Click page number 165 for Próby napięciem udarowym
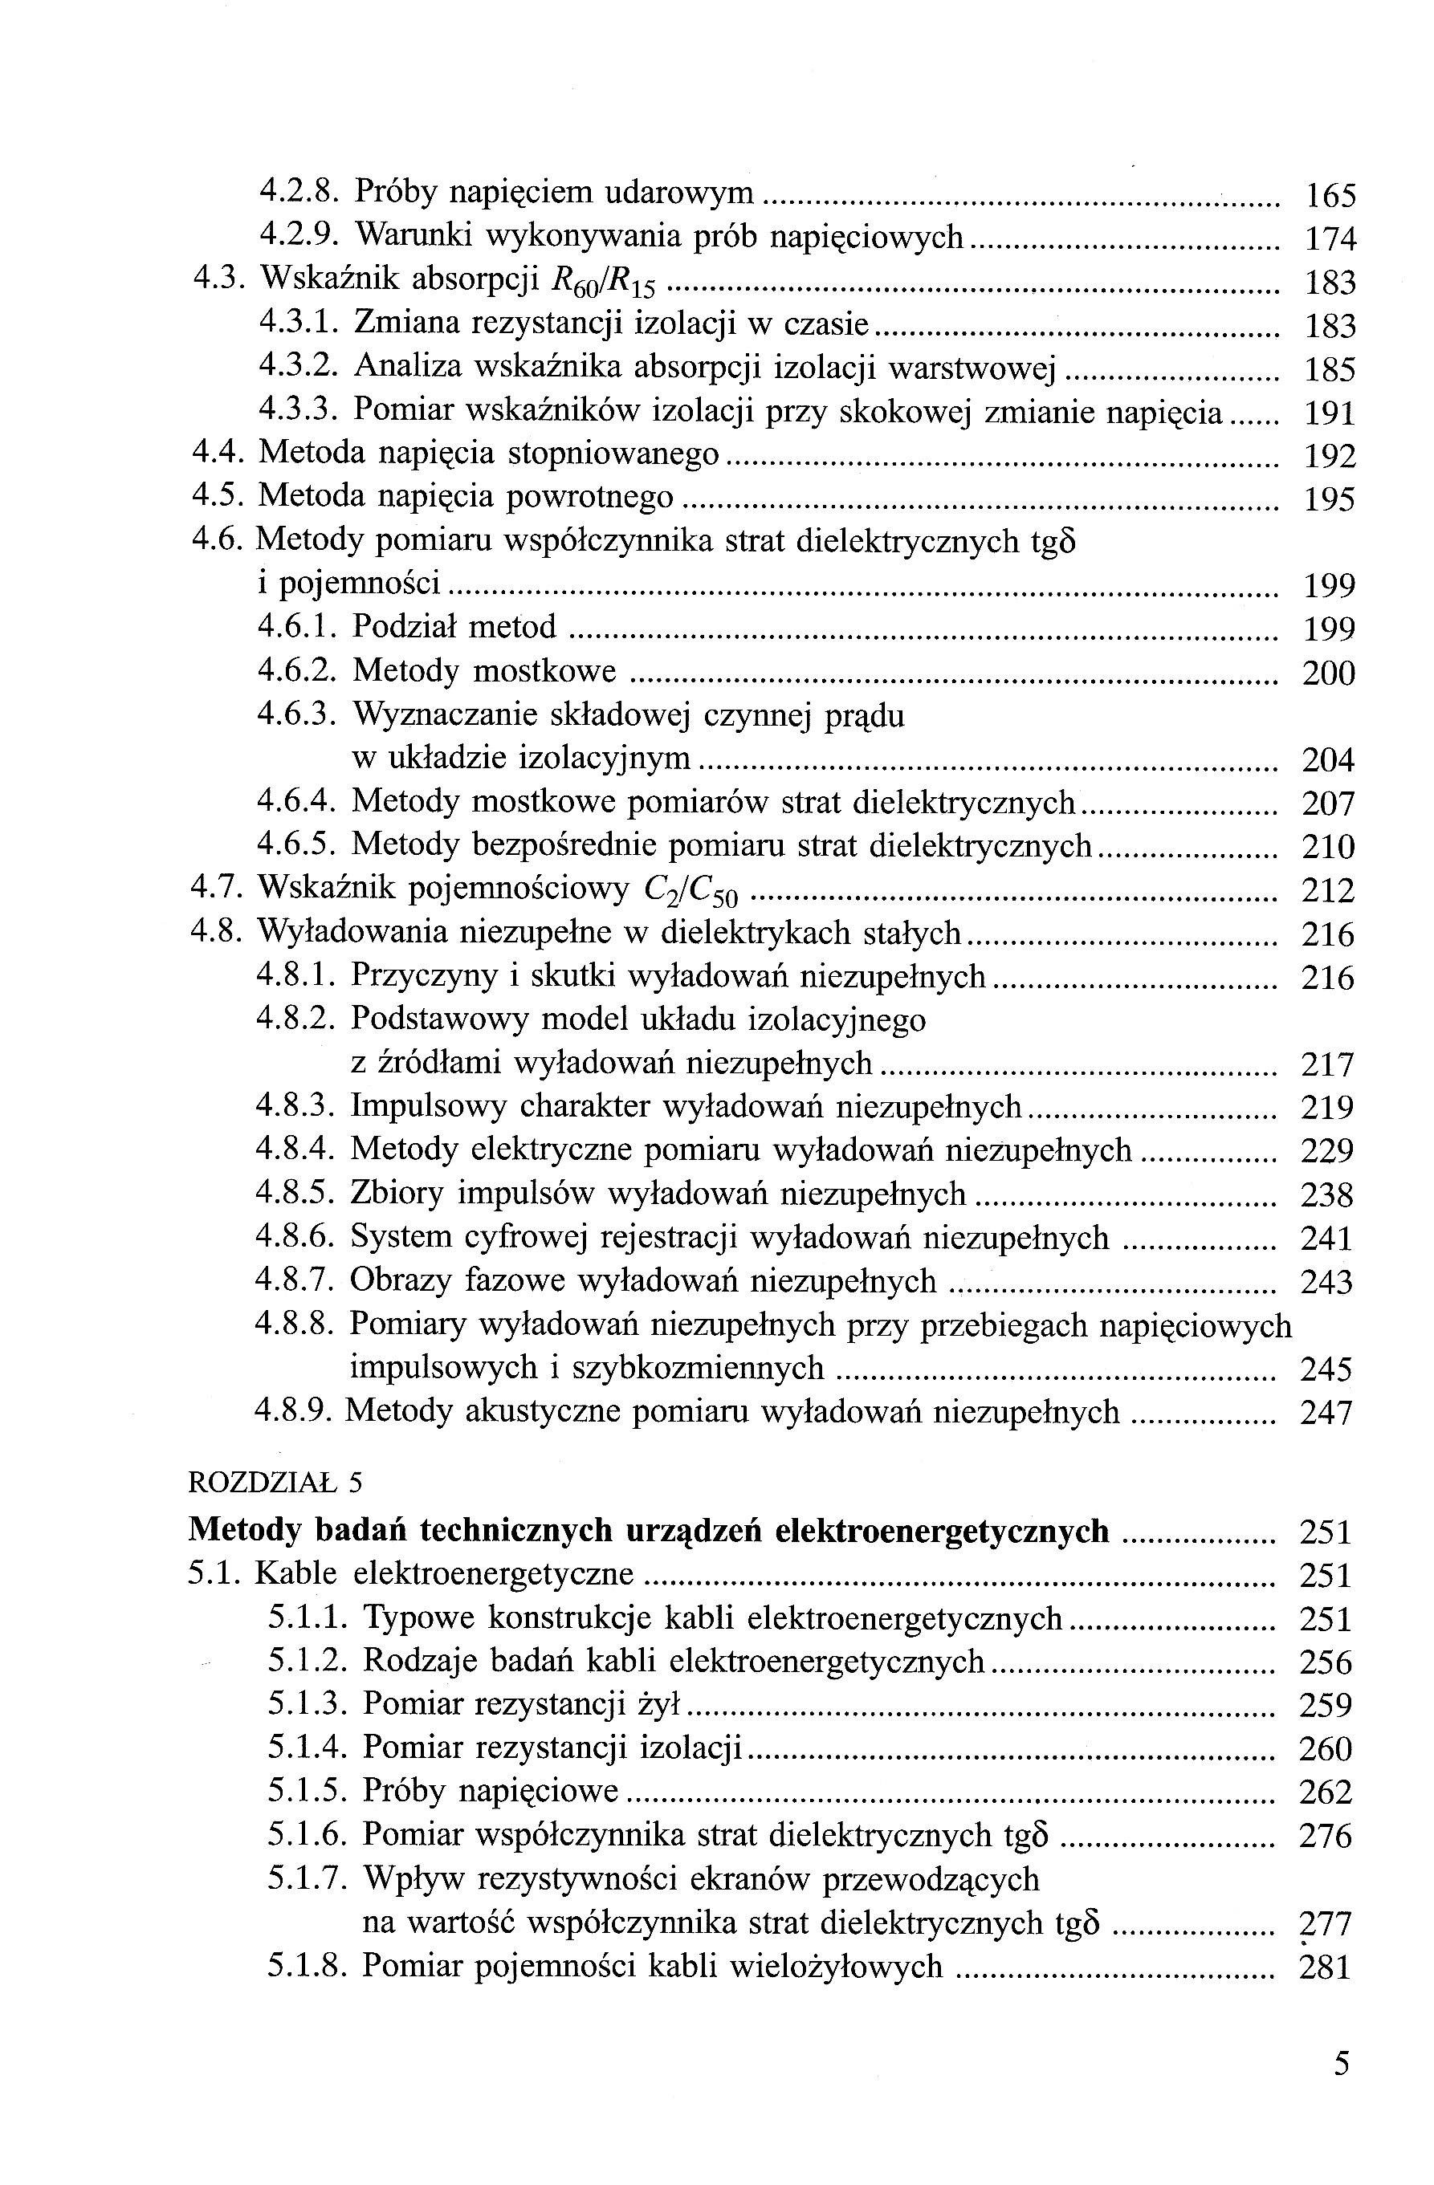pos(1330,196)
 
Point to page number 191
pos(1330,414)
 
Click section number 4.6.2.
pos(294,671)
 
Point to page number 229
pos(1327,1151)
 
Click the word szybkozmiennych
pos(698,1369)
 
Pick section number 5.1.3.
pos(307,1704)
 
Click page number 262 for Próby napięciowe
pos(1326,1792)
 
